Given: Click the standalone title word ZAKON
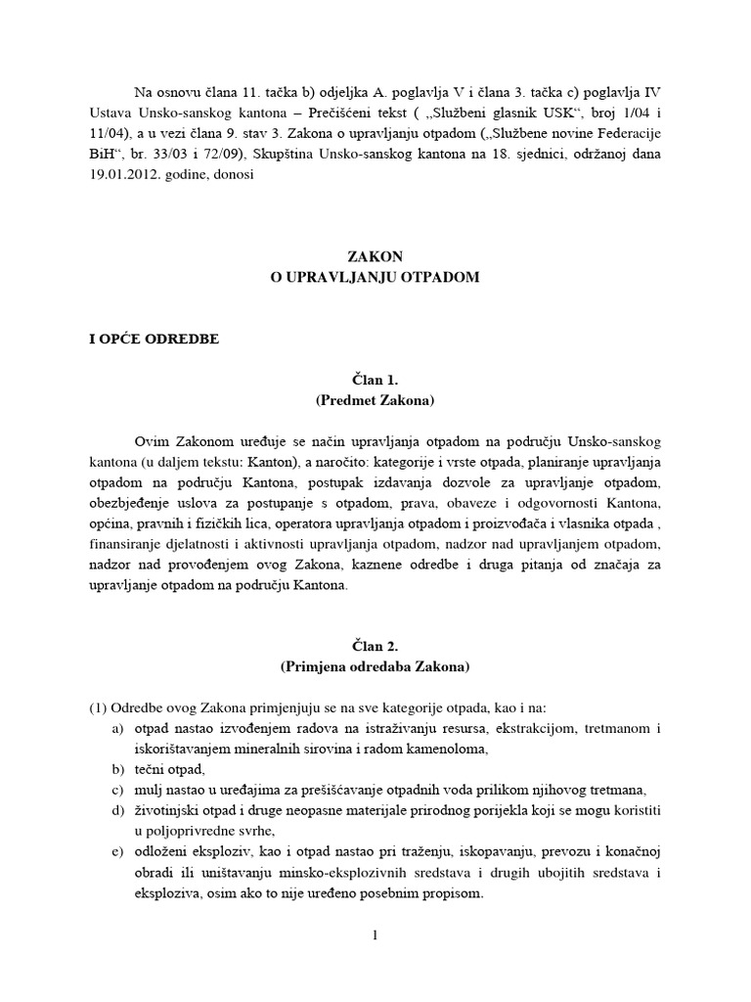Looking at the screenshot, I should coord(375,257).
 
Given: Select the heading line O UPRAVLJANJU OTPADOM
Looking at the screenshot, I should coord(375,278).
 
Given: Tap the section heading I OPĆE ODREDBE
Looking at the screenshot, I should coord(155,340).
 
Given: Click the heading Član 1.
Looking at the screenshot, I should coord(375,381).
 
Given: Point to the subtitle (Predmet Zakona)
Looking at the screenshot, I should coord(375,401).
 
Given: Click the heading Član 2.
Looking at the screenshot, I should coord(375,647).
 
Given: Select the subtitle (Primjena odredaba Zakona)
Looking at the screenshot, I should coord(375,667).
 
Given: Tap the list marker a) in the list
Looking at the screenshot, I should coord(118,729).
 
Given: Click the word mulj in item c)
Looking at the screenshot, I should coord(153,791).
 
